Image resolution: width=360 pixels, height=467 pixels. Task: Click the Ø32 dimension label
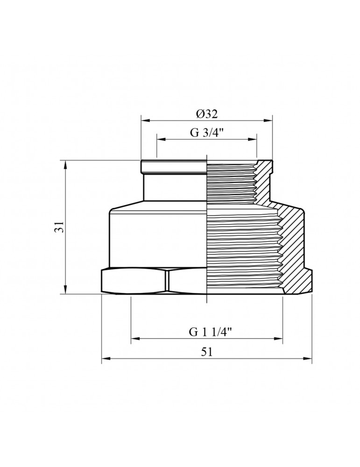207,113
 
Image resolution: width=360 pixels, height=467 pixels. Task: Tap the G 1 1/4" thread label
207,333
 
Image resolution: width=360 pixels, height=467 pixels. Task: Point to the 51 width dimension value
207,352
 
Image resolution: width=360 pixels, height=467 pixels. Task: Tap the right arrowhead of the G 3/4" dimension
254,139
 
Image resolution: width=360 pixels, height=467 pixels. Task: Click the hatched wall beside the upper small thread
264,182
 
